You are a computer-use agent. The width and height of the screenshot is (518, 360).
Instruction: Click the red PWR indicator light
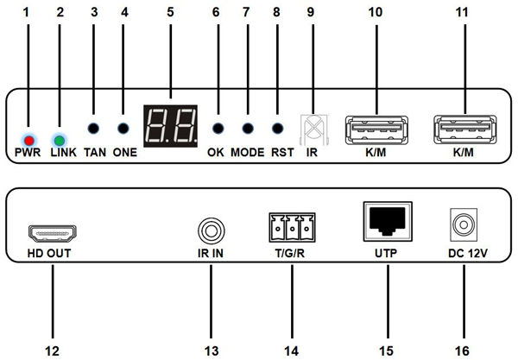coord(29,139)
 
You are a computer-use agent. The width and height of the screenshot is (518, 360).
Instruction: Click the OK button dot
coord(217,130)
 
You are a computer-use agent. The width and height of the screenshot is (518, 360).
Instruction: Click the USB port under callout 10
coord(376,129)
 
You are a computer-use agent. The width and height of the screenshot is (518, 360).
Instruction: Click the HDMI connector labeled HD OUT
coord(52,233)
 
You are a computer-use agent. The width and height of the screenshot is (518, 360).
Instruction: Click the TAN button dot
coord(94,130)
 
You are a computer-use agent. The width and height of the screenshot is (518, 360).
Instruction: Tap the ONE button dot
coord(124,130)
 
